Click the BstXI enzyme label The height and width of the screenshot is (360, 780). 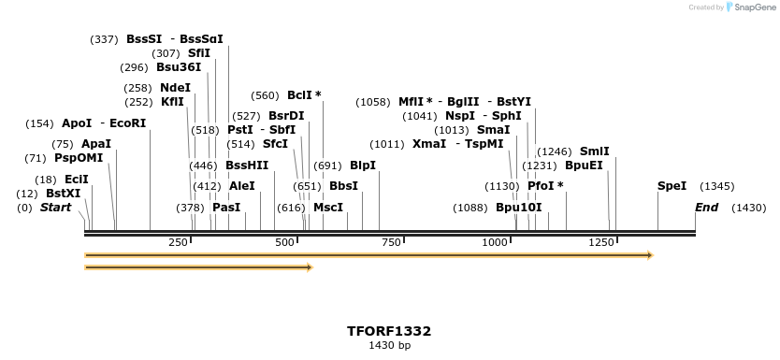pos(64,193)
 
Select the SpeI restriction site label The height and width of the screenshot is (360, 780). pos(672,186)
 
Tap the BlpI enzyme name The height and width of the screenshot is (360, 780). pos(363,165)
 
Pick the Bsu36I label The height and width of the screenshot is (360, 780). pos(179,67)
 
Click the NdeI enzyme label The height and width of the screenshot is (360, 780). pos(176,87)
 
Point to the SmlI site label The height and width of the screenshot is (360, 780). pos(594,151)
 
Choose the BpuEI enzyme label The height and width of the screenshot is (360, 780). pos(584,165)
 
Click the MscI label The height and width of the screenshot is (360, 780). pos(328,207)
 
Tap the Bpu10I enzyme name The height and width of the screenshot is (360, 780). pos(518,207)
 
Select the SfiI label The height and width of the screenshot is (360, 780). pos(199,53)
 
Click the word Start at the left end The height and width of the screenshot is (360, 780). pos(55,207)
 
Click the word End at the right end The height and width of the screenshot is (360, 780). pos(706,207)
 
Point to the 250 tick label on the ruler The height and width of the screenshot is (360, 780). pos(179,243)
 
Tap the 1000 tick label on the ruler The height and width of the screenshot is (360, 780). pos(494,243)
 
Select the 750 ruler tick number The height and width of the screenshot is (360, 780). pos(390,243)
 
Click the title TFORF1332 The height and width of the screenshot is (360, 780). pos(389,331)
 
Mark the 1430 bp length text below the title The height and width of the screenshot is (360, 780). pos(389,346)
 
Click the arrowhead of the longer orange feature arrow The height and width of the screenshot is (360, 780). pos(649,254)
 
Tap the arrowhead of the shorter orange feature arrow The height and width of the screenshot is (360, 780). pos(308,267)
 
